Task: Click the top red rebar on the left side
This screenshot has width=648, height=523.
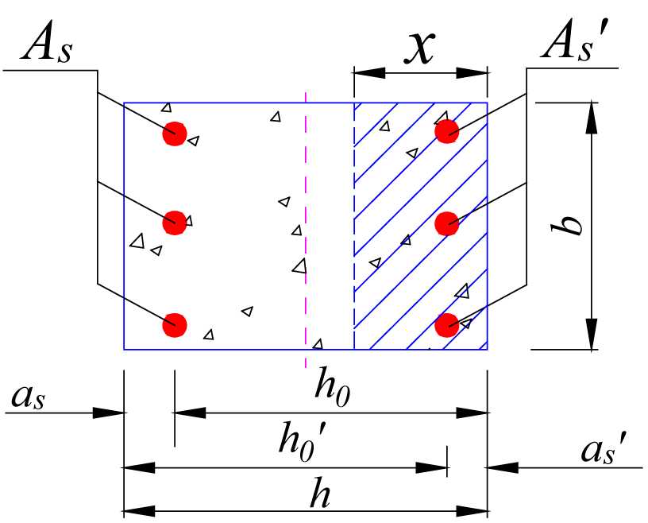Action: tap(175, 133)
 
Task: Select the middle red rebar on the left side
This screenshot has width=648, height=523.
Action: tap(175, 223)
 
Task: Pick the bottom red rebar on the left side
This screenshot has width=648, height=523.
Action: tap(175, 324)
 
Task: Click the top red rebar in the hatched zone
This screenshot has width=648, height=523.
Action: tap(448, 130)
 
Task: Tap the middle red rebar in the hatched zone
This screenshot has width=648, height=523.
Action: tap(448, 223)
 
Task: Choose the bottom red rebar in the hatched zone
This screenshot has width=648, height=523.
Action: tap(448, 324)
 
